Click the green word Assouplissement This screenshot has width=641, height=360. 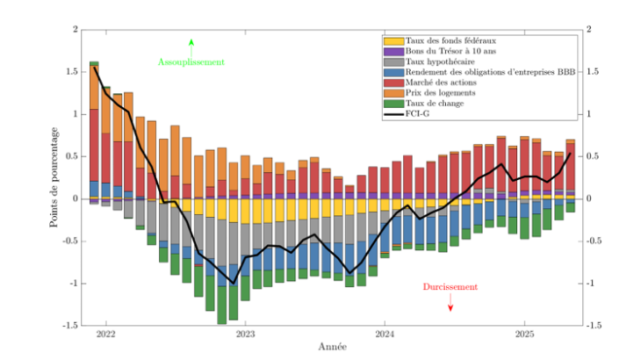click(x=191, y=62)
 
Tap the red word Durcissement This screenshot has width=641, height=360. click(x=450, y=287)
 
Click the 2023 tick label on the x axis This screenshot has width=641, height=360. click(x=245, y=335)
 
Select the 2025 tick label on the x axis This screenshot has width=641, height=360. click(x=524, y=335)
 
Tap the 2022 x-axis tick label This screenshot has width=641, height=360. click(x=106, y=335)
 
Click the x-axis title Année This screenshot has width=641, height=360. click(x=332, y=347)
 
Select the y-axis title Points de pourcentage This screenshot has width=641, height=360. click(x=54, y=176)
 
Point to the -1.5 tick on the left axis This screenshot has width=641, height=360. click(x=68, y=325)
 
